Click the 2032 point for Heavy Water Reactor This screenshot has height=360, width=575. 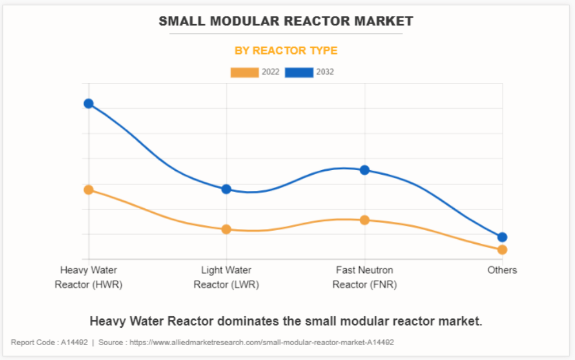coord(89,104)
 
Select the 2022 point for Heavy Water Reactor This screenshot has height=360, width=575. coord(89,190)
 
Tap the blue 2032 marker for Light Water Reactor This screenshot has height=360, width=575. coord(226,189)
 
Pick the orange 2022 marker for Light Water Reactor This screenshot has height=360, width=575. coord(226,229)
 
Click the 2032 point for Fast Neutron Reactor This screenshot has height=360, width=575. coord(364,170)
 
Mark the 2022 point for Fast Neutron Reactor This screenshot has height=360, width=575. coord(364,220)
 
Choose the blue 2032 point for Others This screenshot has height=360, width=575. coord(502,237)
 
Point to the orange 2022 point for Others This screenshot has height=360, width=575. coord(502,250)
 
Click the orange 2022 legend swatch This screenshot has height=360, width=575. coord(245,72)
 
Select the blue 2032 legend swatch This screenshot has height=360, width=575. coord(299,72)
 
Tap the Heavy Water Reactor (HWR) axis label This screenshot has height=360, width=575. coord(89,277)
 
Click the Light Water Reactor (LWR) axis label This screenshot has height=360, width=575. coord(226,277)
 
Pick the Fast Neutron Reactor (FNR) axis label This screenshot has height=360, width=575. coord(364,277)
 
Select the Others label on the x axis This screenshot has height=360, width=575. coord(502,270)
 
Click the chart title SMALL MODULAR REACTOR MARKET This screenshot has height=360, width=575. coord(286,21)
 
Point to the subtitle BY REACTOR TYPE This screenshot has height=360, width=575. coord(286,51)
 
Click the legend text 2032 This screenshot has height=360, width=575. coord(325,72)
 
